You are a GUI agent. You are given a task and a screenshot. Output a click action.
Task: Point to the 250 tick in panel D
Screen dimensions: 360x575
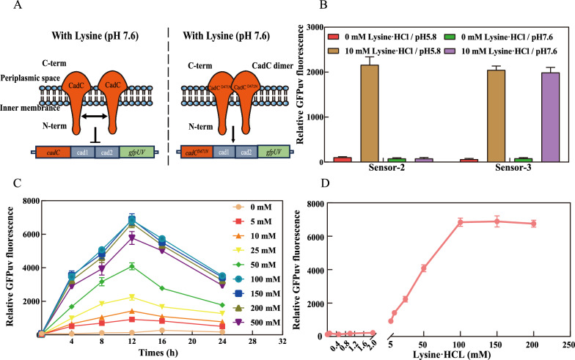point(567,342)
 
